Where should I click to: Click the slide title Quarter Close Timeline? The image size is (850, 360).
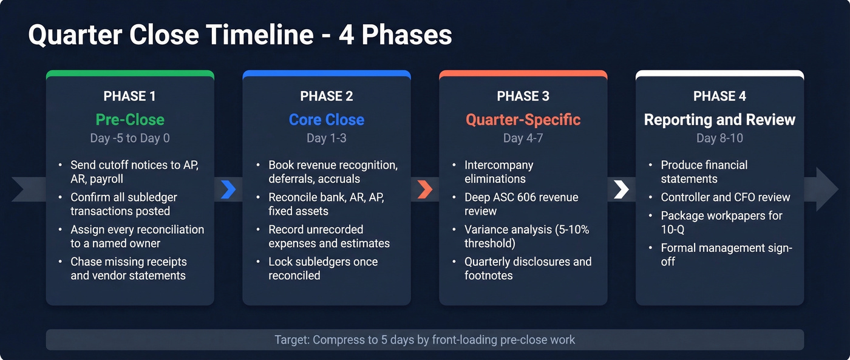pos(240,35)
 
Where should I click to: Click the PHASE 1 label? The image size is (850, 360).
pos(129,96)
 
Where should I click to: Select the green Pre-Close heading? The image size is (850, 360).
pos(129,119)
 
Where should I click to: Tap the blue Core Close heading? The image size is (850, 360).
pos(326,119)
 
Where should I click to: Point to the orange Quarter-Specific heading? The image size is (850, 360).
pos(523,119)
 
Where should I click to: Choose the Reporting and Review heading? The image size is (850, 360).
pos(719,119)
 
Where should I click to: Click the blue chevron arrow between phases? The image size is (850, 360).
pos(228,189)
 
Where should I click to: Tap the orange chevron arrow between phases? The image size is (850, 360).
pos(425,189)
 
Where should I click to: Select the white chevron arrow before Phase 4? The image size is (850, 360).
pos(621,189)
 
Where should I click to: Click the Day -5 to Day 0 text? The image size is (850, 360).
pos(129,138)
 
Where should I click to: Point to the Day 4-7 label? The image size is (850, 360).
pos(523,138)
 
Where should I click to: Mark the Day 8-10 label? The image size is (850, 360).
pos(719,138)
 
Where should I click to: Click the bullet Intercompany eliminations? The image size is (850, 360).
pos(499,172)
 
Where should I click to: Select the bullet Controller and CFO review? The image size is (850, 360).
pos(726,197)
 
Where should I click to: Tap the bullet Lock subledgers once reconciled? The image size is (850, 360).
pos(323,268)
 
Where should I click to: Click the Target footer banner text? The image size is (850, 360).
pos(424,339)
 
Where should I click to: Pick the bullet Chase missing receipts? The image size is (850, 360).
pos(128,268)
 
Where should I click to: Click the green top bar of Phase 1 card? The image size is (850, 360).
pos(129,73)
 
